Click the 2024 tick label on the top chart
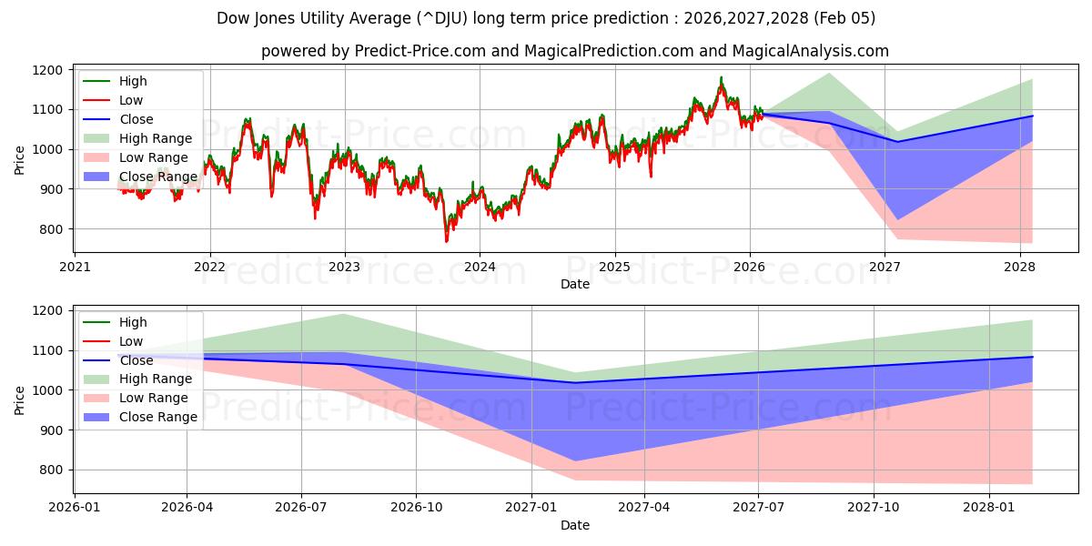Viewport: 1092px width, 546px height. tap(480, 268)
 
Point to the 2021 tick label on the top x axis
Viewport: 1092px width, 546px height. tap(75, 268)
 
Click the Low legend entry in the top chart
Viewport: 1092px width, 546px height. tap(131, 100)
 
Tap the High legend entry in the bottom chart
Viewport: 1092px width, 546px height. tap(133, 322)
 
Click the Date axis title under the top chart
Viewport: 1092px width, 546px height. tap(575, 284)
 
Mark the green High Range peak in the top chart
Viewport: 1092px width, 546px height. tap(829, 74)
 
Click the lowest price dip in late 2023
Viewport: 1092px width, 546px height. tap(447, 241)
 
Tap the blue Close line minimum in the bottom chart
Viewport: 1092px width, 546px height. tap(575, 383)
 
